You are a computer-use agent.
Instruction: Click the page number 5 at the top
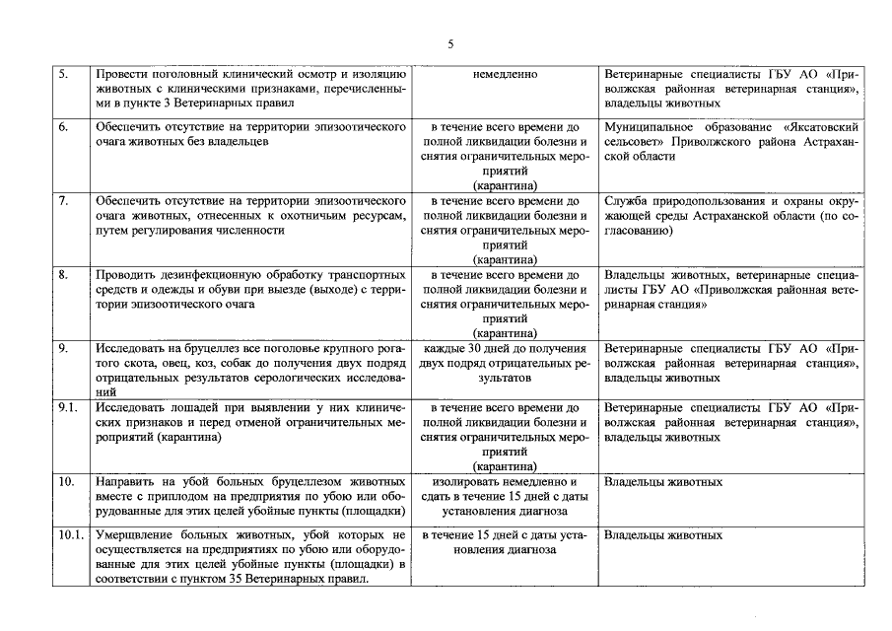(x=450, y=43)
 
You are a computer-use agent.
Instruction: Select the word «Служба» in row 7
(x=625, y=201)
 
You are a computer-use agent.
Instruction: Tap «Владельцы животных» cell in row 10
(x=663, y=482)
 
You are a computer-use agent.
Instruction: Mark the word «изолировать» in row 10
(x=468, y=482)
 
